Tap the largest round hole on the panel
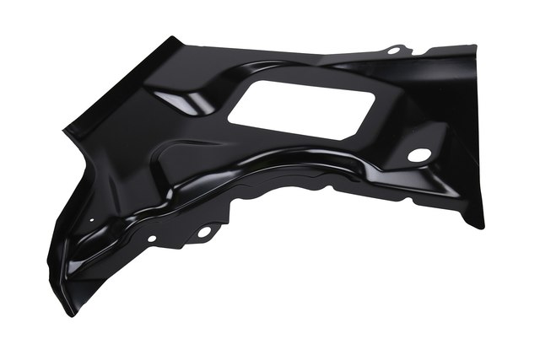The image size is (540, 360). click(418, 155)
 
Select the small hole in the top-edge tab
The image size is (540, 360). click(393, 51)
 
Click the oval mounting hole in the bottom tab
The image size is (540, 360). click(203, 231)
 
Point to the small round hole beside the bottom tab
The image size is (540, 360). click(152, 239)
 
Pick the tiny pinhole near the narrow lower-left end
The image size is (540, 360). click(91, 223)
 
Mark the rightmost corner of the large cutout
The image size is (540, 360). click(375, 97)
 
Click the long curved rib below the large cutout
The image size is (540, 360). click(278, 160)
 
